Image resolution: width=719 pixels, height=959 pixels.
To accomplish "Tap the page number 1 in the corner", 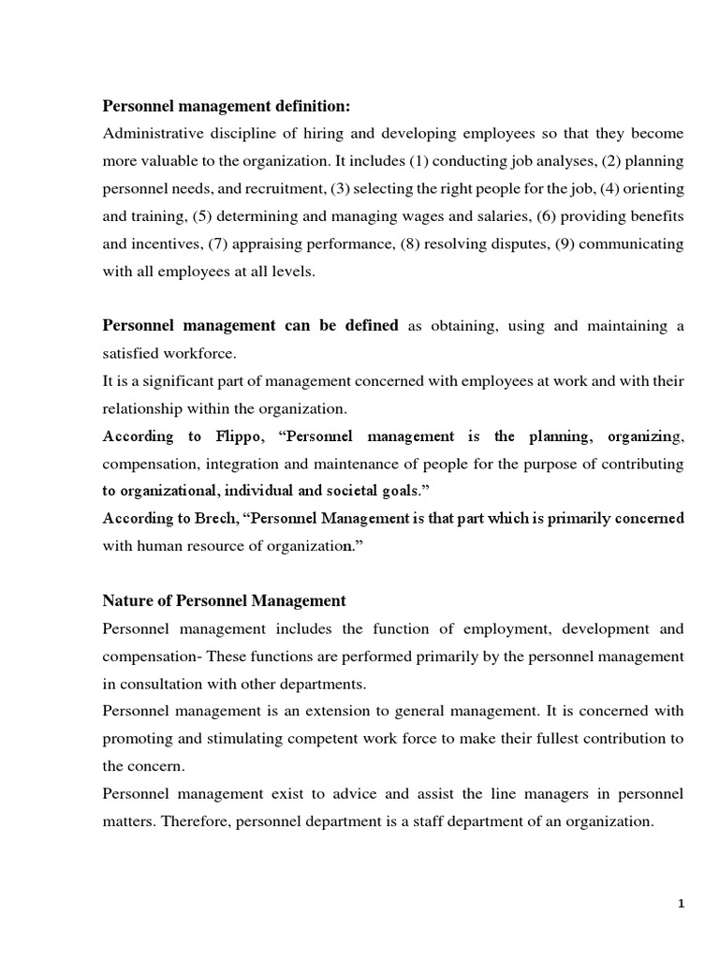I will click(x=682, y=903).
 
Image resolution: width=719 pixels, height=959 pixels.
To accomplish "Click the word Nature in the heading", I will click(x=126, y=600).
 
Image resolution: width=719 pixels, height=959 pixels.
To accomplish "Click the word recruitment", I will click(x=286, y=188).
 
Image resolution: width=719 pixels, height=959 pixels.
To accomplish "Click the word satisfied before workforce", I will click(x=132, y=354).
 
